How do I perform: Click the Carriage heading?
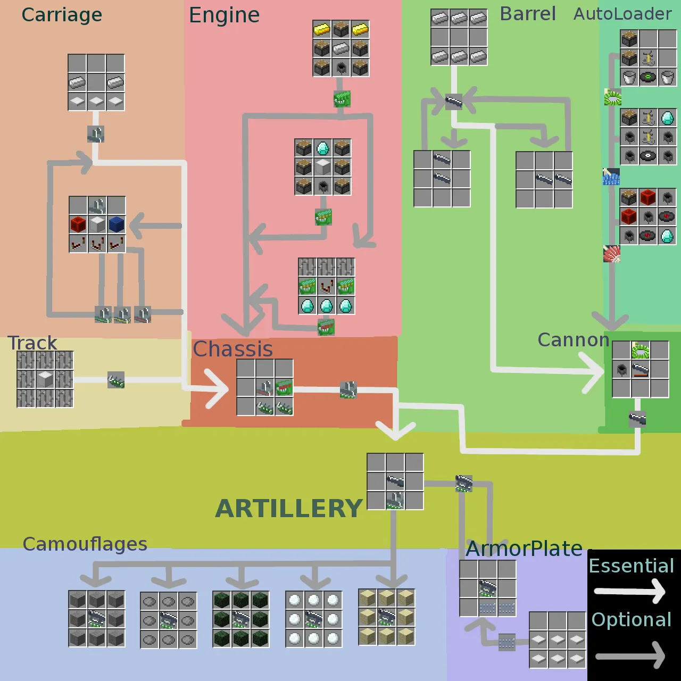click(62, 15)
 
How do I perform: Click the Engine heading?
click(224, 15)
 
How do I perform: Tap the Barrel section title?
click(528, 14)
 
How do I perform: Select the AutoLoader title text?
click(622, 14)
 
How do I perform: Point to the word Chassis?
click(232, 350)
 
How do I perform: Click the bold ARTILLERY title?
click(289, 509)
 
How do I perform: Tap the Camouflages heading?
click(85, 544)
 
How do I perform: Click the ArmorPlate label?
click(524, 549)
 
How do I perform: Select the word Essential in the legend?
click(631, 566)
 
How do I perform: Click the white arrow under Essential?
click(630, 591)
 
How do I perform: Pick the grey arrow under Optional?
click(630, 655)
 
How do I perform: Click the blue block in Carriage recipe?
click(117, 224)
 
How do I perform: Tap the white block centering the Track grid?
click(45, 379)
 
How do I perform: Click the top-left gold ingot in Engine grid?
click(322, 29)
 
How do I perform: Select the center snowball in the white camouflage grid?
click(314, 620)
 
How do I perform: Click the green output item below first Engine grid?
click(342, 99)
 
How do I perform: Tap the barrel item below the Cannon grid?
click(637, 419)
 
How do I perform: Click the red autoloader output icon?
click(612, 254)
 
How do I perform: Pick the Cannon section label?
click(573, 340)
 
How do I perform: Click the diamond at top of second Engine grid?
click(323, 148)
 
